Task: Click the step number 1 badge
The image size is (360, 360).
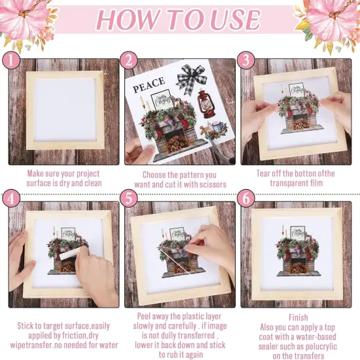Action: point(10,60)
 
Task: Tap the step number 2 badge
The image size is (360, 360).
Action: point(129,60)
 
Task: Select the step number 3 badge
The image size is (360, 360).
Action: point(246,60)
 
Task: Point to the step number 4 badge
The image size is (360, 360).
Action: point(10,198)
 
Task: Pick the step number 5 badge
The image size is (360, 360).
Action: point(129,198)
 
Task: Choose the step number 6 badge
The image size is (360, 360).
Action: point(246,198)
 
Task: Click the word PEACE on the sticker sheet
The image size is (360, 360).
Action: point(149,84)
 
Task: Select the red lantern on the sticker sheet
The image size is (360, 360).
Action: point(206,104)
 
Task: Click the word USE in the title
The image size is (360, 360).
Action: point(235,19)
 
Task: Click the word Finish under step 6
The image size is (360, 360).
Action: point(298,317)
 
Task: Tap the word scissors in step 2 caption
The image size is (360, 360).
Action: point(211,185)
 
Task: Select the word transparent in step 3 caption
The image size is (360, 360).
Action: point(285,183)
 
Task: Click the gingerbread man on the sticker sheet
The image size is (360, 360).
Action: point(204,131)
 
